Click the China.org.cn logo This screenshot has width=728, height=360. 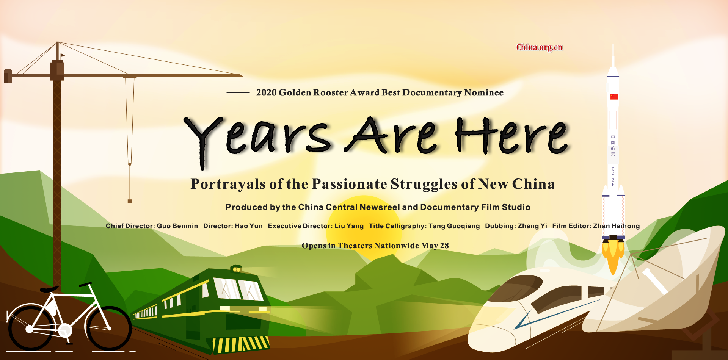tap(540, 47)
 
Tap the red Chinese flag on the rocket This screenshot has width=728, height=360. tap(614, 97)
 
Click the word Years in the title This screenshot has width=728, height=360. tap(258, 140)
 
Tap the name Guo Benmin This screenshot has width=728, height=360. tap(177, 226)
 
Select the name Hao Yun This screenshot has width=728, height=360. tap(249, 226)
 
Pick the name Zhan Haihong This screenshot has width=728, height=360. tap(617, 226)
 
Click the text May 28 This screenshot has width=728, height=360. tap(435, 246)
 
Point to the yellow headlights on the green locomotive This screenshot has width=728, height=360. tap(237, 269)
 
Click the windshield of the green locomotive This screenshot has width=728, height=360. tap(238, 290)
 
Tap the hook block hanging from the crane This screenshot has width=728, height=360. tap(130, 201)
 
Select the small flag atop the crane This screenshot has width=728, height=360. tap(63, 56)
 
